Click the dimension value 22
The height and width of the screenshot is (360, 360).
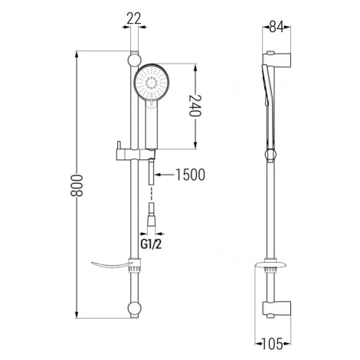134,18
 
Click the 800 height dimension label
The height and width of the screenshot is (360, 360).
77,185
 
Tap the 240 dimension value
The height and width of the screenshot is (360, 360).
195,106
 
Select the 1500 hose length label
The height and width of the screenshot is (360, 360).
191,175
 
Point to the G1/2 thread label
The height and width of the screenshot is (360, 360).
151,244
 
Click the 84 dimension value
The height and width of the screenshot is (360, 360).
277,27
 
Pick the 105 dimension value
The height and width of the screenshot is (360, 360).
273,344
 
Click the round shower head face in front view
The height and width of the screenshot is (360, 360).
152,82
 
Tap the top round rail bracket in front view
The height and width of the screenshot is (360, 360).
134,60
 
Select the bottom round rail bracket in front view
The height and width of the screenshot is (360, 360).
134,309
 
